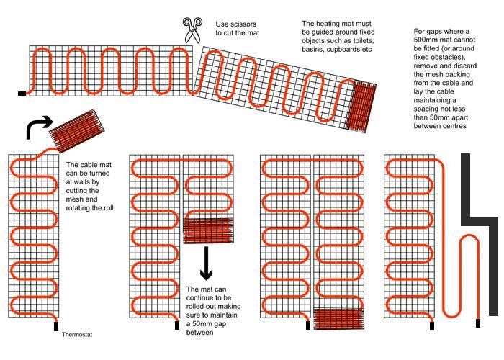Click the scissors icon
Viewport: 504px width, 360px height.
coord(191,30)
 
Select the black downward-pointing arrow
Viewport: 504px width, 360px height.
coord(207,264)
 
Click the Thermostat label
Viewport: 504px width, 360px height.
coord(77,335)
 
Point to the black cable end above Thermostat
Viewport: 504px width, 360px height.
coord(56,326)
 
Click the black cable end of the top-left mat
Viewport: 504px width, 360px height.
coord(22,93)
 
